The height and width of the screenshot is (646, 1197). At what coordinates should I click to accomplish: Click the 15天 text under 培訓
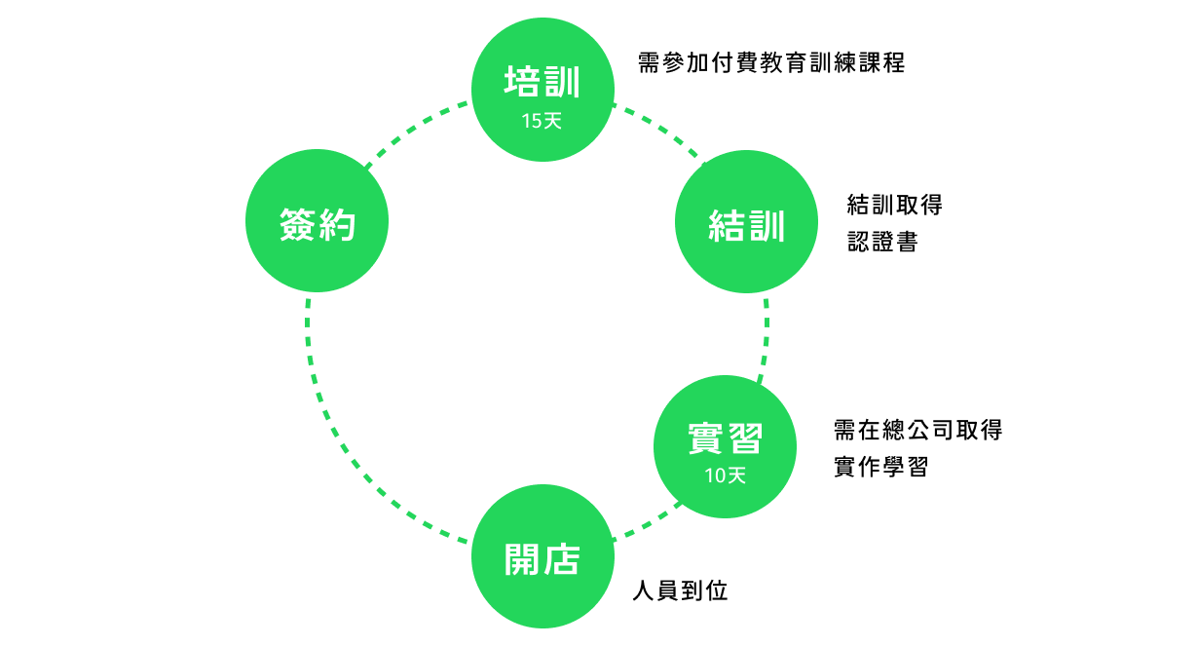click(542, 122)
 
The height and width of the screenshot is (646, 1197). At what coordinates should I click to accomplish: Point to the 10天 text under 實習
click(725, 475)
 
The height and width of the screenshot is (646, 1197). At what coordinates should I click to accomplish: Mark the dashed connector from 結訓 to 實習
click(765, 336)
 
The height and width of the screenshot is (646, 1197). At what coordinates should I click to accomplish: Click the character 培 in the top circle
click(522, 82)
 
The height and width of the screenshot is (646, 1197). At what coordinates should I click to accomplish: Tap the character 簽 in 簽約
click(297, 224)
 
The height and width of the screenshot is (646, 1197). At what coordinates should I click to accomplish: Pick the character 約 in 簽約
click(337, 224)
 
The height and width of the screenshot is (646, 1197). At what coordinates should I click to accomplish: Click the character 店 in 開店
click(562, 559)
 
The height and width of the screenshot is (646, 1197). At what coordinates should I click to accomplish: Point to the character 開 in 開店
click(522, 559)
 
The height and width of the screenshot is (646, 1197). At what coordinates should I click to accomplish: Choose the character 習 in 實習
click(744, 439)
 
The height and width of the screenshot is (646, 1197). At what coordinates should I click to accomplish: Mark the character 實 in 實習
click(705, 439)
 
